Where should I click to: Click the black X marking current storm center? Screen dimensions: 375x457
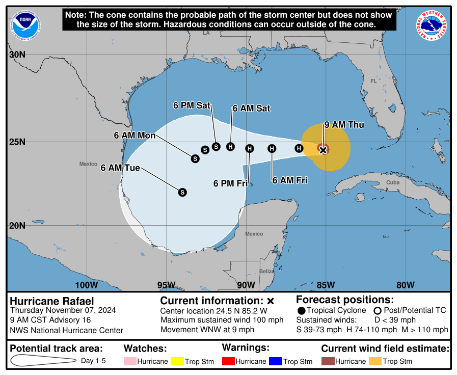pos(322,150)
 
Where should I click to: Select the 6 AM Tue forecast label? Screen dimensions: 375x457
pos(120,168)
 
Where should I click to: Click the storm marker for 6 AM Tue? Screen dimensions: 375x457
pos(182,192)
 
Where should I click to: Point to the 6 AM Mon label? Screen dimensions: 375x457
pos(135,136)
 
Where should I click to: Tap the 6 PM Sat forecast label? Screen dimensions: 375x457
pos(192,105)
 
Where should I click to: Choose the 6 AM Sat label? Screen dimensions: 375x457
pos(251,109)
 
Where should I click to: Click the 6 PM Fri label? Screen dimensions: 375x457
pos(230,183)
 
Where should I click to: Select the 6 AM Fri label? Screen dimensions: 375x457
pos(290,180)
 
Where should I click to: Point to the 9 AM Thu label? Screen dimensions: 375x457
pos(341,125)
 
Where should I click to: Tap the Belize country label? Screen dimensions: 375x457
pos(266,271)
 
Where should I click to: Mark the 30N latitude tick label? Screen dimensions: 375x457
pos(17,55)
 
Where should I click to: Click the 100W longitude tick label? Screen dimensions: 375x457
pos(86,285)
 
